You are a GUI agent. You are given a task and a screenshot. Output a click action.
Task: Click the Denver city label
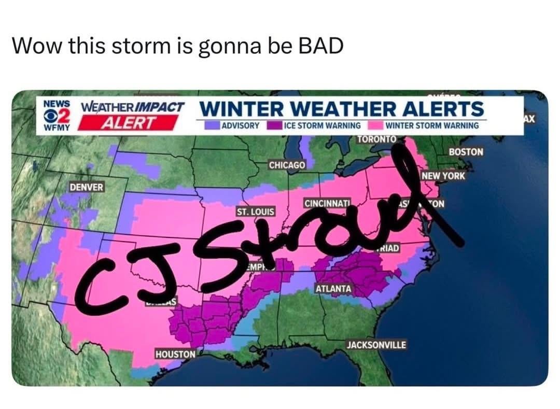click(87, 187)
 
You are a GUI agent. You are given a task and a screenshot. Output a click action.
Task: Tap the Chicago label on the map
click(287, 164)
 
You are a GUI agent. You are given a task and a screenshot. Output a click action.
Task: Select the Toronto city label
click(377, 139)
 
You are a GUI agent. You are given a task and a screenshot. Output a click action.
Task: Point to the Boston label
click(466, 152)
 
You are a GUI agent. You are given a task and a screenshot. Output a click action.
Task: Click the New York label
click(443, 176)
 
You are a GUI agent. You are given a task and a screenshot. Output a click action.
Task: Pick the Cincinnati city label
click(327, 203)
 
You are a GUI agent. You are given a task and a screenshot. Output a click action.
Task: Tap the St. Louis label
click(256, 212)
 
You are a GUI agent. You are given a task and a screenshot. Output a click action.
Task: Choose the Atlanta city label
click(333, 288)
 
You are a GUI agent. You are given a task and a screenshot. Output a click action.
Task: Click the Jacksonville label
click(376, 345)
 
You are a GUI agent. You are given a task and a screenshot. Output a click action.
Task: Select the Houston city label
click(175, 354)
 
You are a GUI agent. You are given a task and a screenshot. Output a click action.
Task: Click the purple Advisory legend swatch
click(212, 125)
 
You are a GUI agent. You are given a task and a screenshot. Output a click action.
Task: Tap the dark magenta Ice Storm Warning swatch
click(274, 125)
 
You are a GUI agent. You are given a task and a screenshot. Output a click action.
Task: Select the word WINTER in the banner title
click(238, 109)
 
